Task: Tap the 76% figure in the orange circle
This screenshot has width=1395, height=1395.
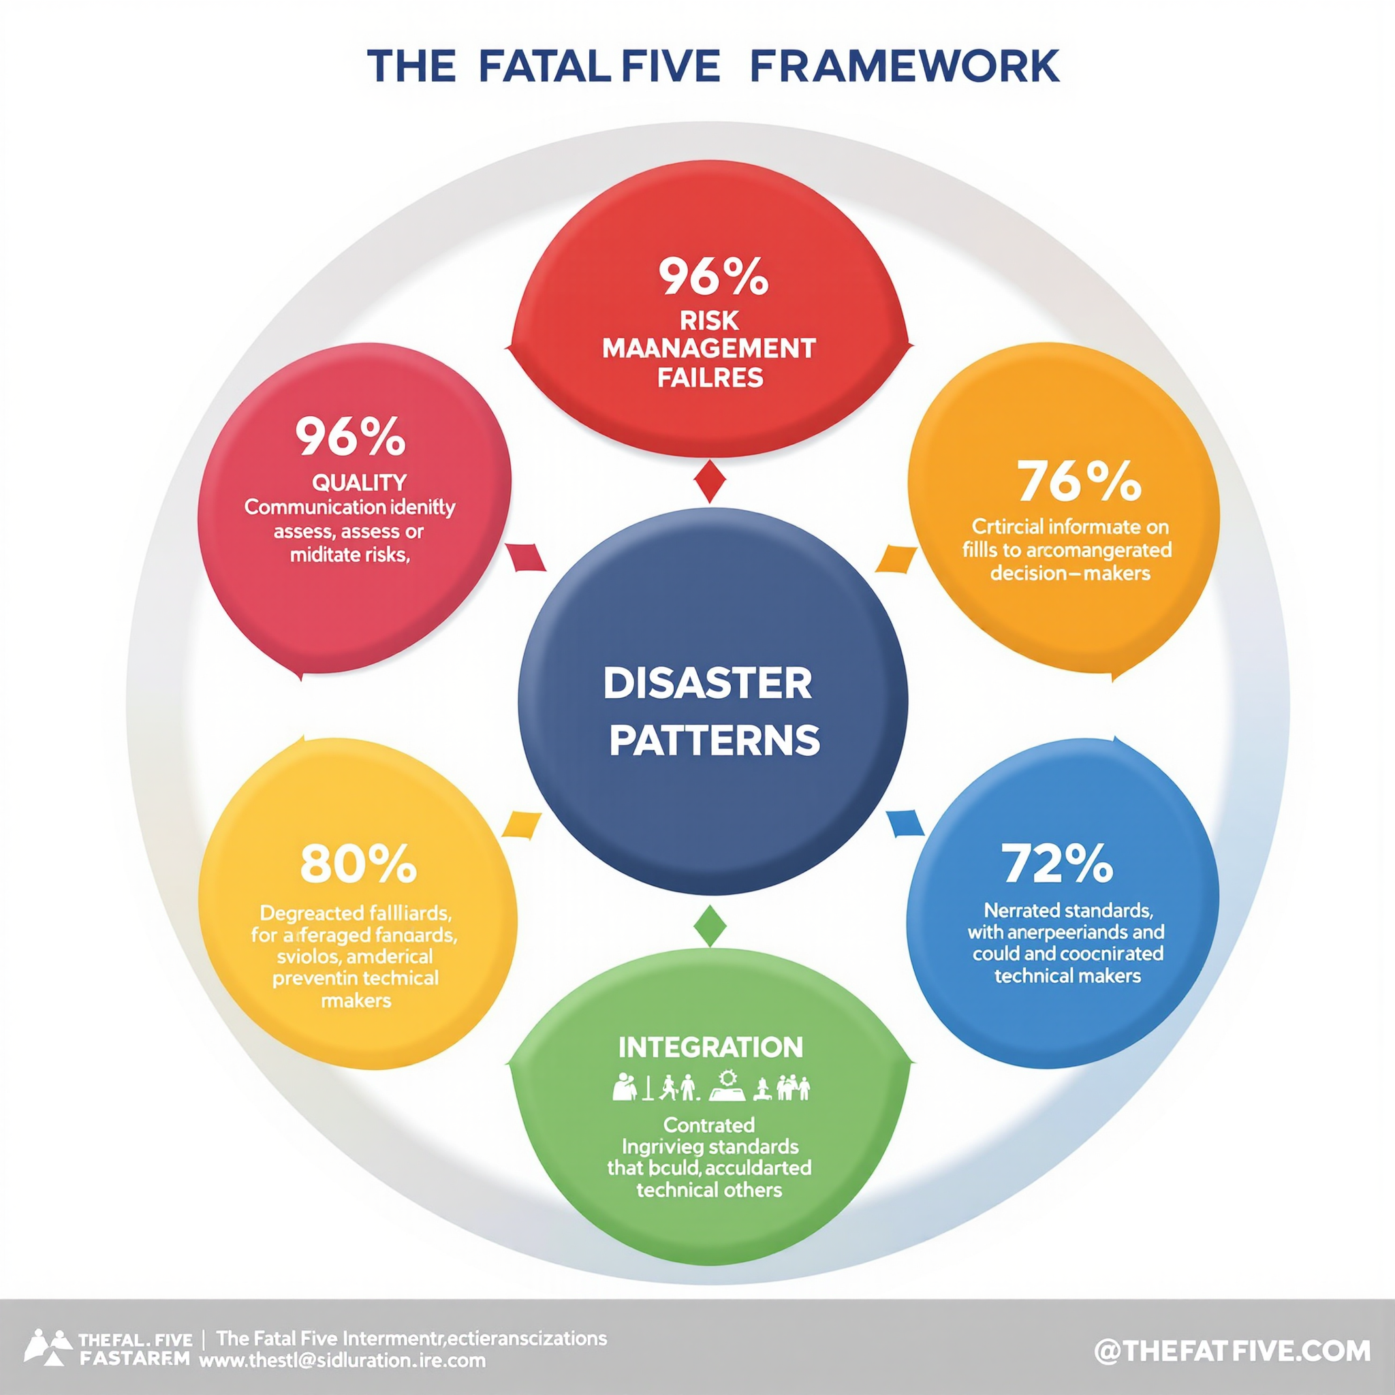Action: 1079,482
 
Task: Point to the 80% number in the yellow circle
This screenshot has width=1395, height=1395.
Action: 358,864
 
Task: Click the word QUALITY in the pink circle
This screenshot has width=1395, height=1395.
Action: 359,482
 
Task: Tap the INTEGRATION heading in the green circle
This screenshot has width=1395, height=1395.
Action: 710,1047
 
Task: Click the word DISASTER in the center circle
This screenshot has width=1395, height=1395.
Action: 708,684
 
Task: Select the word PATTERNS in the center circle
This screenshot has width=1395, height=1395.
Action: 714,740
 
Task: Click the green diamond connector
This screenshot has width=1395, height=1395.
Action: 711,925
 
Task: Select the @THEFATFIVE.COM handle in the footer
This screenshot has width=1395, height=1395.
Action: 1232,1351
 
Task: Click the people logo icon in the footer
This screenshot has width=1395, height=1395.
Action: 49,1348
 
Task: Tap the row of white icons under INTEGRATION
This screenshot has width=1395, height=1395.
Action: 710,1086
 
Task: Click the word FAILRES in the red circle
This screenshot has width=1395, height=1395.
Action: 710,377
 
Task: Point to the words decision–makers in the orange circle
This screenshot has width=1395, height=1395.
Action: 1069,574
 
